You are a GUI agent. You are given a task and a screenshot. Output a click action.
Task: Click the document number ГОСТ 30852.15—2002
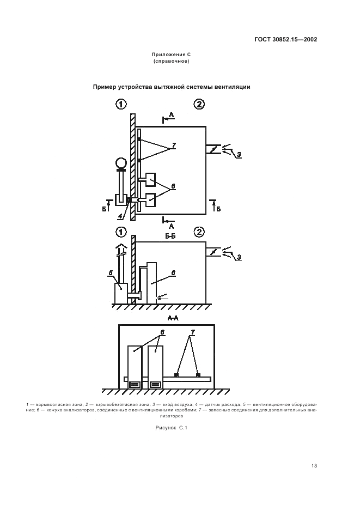pyautogui.click(x=285, y=40)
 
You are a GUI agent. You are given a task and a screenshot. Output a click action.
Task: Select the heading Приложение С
pyautogui.click(x=171, y=54)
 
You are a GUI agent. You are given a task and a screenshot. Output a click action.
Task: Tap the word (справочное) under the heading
pyautogui.click(x=171, y=61)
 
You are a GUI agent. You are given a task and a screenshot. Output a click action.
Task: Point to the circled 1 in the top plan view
pyautogui.click(x=121, y=104)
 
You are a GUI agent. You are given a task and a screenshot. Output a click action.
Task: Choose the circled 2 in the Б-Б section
pyautogui.click(x=199, y=232)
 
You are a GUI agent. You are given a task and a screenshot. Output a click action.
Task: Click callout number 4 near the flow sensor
pyautogui.click(x=120, y=215)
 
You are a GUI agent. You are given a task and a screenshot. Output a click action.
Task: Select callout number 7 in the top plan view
pyautogui.click(x=174, y=145)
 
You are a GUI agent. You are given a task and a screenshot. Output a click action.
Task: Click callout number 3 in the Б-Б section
pyautogui.click(x=239, y=257)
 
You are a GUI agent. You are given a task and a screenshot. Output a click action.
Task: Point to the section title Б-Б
pyautogui.click(x=170, y=236)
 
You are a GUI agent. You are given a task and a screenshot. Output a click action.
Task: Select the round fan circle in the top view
pyautogui.click(x=121, y=162)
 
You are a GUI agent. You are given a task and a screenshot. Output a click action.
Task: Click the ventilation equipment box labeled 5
pyautogui.click(x=121, y=293)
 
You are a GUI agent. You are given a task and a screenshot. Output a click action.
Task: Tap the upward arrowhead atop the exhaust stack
pyautogui.click(x=121, y=246)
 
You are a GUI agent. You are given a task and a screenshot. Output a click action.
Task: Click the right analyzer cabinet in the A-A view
pyautogui.click(x=155, y=367)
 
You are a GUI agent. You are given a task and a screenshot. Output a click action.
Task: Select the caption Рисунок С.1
pyautogui.click(x=171, y=428)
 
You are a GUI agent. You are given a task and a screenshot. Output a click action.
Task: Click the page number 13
pyautogui.click(x=314, y=466)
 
